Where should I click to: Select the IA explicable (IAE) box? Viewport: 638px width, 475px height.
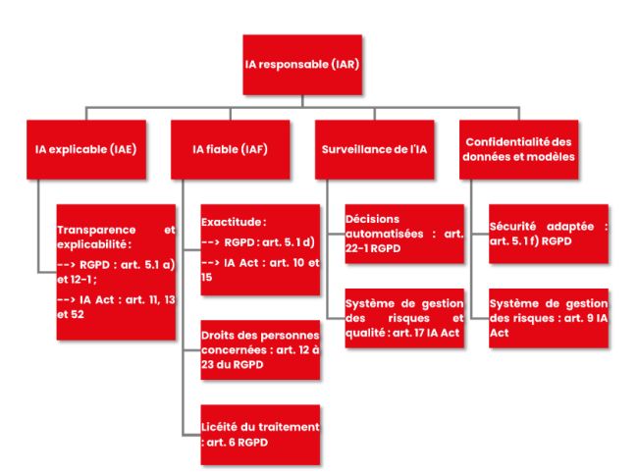(x=84, y=149)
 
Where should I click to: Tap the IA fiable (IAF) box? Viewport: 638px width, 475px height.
(x=231, y=149)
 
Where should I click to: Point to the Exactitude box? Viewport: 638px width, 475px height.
(x=260, y=249)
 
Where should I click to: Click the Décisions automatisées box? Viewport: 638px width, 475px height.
(x=403, y=233)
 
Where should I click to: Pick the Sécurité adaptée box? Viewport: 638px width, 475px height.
(x=549, y=233)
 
